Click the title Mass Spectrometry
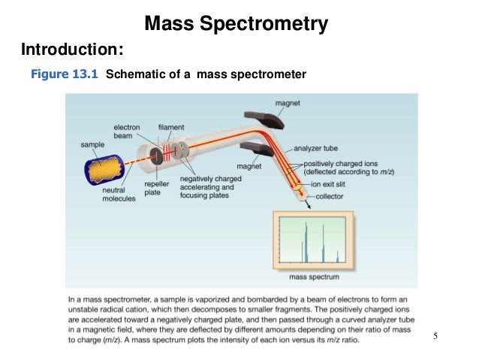[236, 24]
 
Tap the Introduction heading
[71, 50]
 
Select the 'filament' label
[170, 126]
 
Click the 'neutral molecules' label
[119, 195]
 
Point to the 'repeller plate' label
[156, 187]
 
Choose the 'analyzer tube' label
[324, 149]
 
